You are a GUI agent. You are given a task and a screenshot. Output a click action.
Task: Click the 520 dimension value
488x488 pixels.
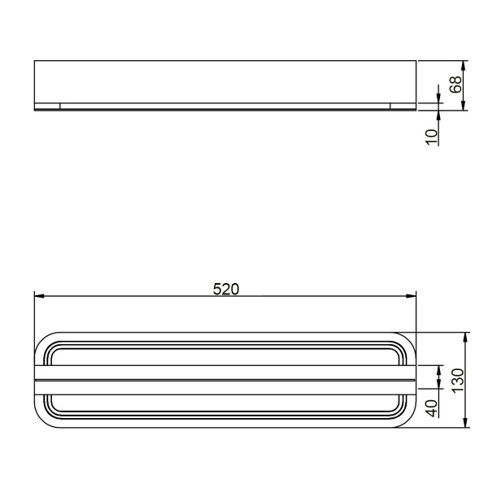click(x=225, y=289)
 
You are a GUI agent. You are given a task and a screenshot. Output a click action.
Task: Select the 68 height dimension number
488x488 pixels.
click(x=456, y=84)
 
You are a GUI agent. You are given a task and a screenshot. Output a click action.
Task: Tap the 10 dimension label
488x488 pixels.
click(x=432, y=134)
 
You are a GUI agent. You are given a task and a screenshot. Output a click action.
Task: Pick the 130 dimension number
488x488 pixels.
click(x=457, y=380)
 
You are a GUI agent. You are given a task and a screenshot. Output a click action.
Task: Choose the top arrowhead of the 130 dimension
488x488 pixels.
click(x=464, y=336)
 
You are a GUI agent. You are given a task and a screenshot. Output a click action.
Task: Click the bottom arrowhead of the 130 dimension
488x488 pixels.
click(x=464, y=422)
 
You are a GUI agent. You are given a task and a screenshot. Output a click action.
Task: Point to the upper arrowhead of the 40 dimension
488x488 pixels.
click(x=439, y=371)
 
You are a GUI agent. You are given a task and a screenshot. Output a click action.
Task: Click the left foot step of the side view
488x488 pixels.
click(x=48, y=107)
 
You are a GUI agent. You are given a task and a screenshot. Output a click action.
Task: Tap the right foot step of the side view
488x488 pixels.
click(x=402, y=107)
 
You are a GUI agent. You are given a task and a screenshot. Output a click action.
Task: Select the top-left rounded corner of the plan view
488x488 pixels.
click(x=42, y=340)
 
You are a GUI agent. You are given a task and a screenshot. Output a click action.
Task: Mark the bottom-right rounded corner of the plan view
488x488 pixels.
click(x=408, y=420)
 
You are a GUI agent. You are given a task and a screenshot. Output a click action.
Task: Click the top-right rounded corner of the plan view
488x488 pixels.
click(x=408, y=340)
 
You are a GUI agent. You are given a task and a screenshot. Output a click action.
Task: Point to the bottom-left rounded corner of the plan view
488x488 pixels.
click(x=42, y=420)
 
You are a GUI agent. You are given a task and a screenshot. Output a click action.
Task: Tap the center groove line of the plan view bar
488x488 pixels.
click(x=225, y=380)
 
